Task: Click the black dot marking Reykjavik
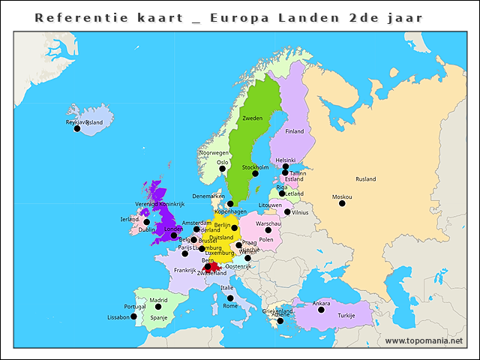click(76, 128)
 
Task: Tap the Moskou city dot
click(342, 203)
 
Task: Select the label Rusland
click(366, 179)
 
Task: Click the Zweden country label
click(252, 118)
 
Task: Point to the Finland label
click(295, 131)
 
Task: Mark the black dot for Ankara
click(321, 310)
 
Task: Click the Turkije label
click(346, 316)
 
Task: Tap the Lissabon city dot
click(133, 316)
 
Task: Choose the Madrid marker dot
click(158, 306)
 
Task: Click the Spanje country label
click(159, 317)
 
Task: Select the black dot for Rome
click(230, 298)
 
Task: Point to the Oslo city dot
click(222, 169)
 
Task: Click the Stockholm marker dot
click(255, 173)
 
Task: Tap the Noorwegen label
click(214, 152)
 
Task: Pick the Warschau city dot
click(268, 229)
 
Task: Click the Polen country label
click(266, 240)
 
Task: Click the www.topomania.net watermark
click(424, 341)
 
